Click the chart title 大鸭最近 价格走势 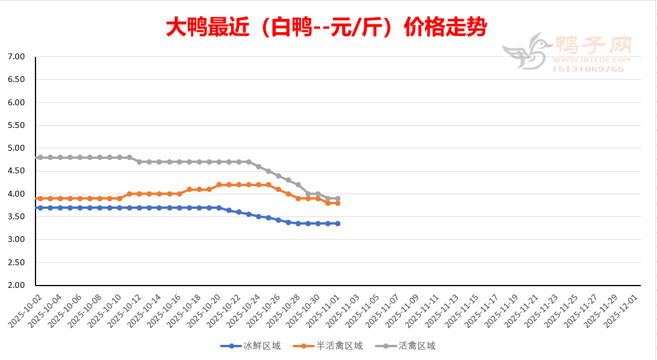(x=326, y=27)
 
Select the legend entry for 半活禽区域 (x=339, y=346)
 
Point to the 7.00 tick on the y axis (x=16, y=57)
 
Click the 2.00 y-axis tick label (x=16, y=286)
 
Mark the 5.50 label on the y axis (x=16, y=126)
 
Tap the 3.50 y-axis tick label (x=16, y=217)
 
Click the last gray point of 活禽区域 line (x=338, y=199)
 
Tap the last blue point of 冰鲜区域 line (x=338, y=223)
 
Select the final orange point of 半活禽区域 (x=338, y=203)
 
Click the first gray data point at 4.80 (x=40, y=158)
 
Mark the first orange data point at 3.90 (x=40, y=198)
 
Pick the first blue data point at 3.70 (x=40, y=208)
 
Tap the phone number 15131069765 (x=588, y=69)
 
